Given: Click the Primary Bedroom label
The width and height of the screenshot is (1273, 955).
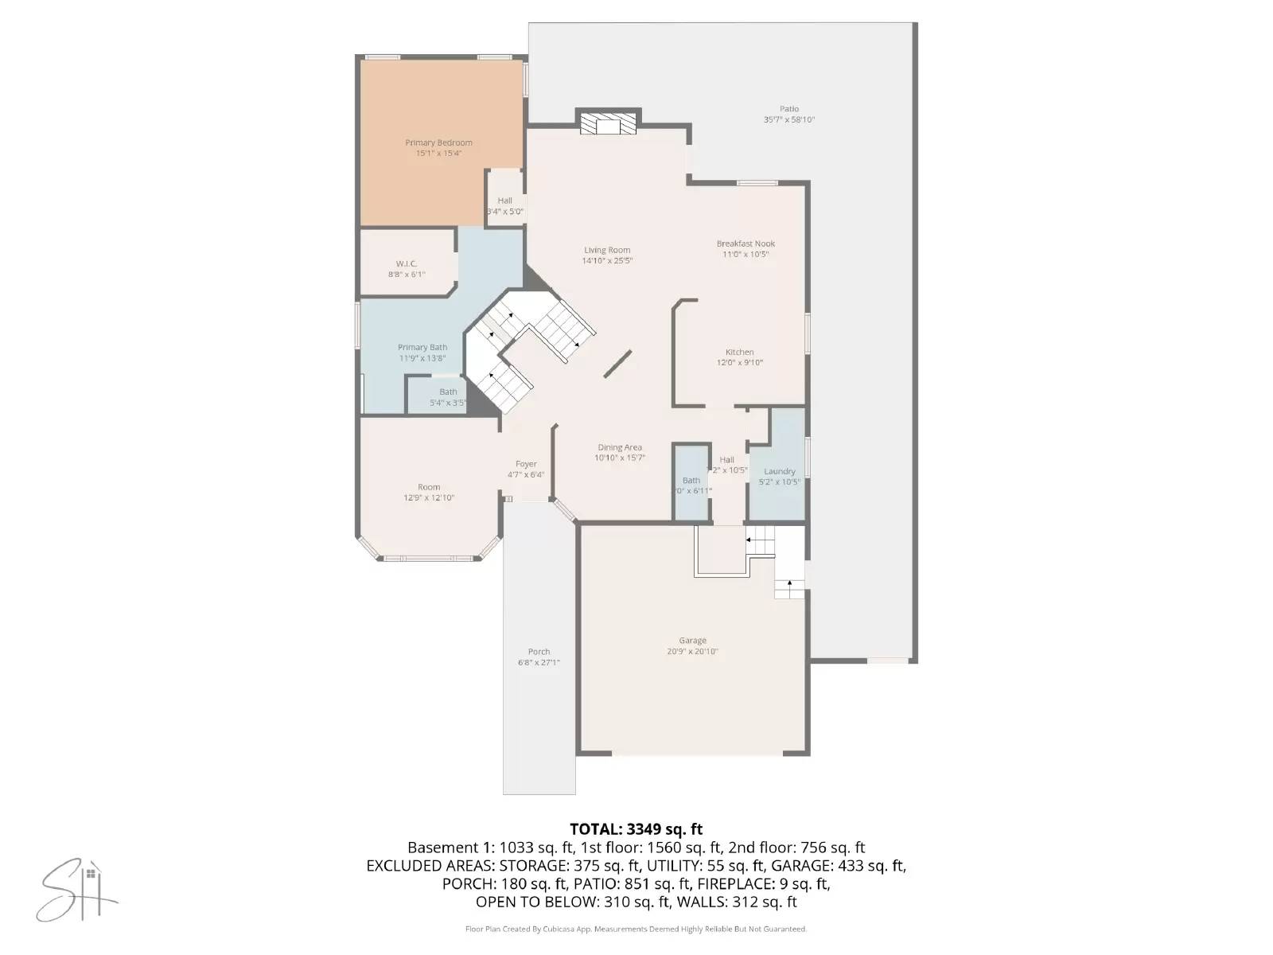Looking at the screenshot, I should [x=438, y=143].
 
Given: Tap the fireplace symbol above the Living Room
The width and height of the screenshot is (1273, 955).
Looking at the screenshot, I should [x=608, y=125].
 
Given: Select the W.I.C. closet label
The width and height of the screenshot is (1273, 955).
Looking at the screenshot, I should [x=407, y=263].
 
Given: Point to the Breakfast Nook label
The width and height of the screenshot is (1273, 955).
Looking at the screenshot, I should [x=746, y=244].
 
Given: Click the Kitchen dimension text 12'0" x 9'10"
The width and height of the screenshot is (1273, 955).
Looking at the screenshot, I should [x=739, y=363].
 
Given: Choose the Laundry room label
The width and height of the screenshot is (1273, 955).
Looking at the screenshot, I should [x=779, y=471].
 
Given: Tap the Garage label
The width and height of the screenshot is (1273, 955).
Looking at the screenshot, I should [x=692, y=641].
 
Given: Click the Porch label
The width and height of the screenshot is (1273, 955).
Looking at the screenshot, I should [x=539, y=652].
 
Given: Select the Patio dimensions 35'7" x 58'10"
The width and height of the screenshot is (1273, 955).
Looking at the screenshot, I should [x=789, y=120].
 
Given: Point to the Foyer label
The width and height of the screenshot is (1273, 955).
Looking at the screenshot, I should [x=526, y=464].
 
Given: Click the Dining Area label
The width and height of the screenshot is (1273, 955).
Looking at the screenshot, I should [x=620, y=447].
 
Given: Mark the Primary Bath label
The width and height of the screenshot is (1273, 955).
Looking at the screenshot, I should [x=422, y=347].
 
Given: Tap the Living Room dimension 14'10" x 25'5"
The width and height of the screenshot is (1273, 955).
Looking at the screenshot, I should [x=607, y=261].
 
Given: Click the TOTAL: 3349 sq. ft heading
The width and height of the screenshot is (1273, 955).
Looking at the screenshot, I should [x=636, y=830].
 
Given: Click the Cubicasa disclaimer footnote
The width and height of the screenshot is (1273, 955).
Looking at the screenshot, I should [x=636, y=929].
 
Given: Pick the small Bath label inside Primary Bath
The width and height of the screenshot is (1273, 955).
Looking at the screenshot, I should [x=448, y=392].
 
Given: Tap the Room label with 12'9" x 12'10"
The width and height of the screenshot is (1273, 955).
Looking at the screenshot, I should [x=429, y=487].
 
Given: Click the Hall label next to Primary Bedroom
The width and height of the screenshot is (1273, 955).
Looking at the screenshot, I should [x=504, y=201].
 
